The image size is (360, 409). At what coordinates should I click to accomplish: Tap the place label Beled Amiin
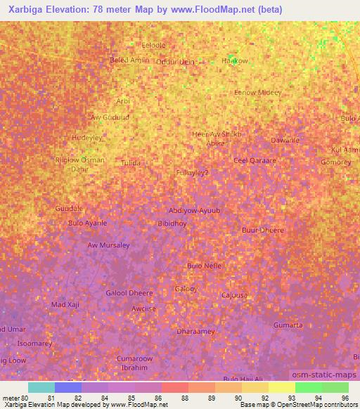[130, 60]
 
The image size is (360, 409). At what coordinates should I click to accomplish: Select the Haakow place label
[235, 61]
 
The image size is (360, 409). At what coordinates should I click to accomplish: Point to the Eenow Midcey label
[258, 93]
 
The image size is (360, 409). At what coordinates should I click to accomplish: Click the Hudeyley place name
[88, 137]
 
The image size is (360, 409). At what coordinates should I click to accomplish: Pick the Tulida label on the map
[130, 162]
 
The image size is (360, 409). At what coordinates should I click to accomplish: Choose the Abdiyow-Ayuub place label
[195, 210]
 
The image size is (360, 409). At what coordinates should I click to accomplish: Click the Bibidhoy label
[172, 224]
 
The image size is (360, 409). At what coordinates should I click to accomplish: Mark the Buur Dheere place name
[262, 230]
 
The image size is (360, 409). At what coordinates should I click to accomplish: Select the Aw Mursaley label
[108, 245]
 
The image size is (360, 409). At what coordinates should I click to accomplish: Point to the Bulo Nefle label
[205, 265]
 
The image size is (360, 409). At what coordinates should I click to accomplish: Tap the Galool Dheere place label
[129, 293]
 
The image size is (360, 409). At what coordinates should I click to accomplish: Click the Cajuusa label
[234, 296]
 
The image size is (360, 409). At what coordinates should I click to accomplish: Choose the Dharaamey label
[195, 331]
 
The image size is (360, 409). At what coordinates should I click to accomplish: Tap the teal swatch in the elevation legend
[41, 387]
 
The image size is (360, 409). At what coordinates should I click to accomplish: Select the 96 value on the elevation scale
[345, 398]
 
